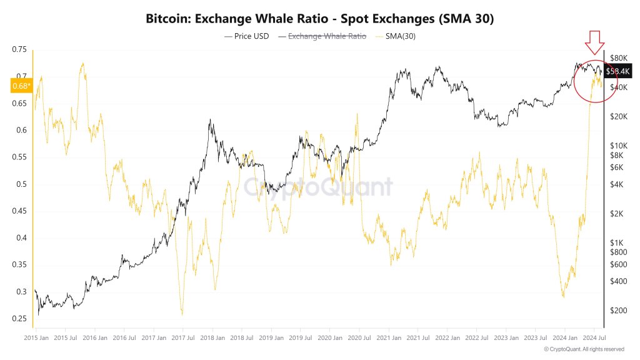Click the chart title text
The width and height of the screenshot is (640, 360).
(x=319, y=19)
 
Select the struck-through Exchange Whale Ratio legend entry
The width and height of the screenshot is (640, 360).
(x=326, y=36)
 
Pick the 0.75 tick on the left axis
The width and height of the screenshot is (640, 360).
(x=19, y=49)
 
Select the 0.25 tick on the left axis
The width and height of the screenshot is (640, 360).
(x=19, y=319)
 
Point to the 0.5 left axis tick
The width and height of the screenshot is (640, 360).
(x=21, y=184)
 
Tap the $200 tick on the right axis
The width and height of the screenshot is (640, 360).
(x=618, y=310)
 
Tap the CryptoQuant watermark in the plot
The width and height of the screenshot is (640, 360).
(x=318, y=187)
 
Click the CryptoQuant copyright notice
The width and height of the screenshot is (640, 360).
(x=584, y=349)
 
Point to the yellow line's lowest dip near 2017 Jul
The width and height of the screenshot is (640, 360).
(x=182, y=314)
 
